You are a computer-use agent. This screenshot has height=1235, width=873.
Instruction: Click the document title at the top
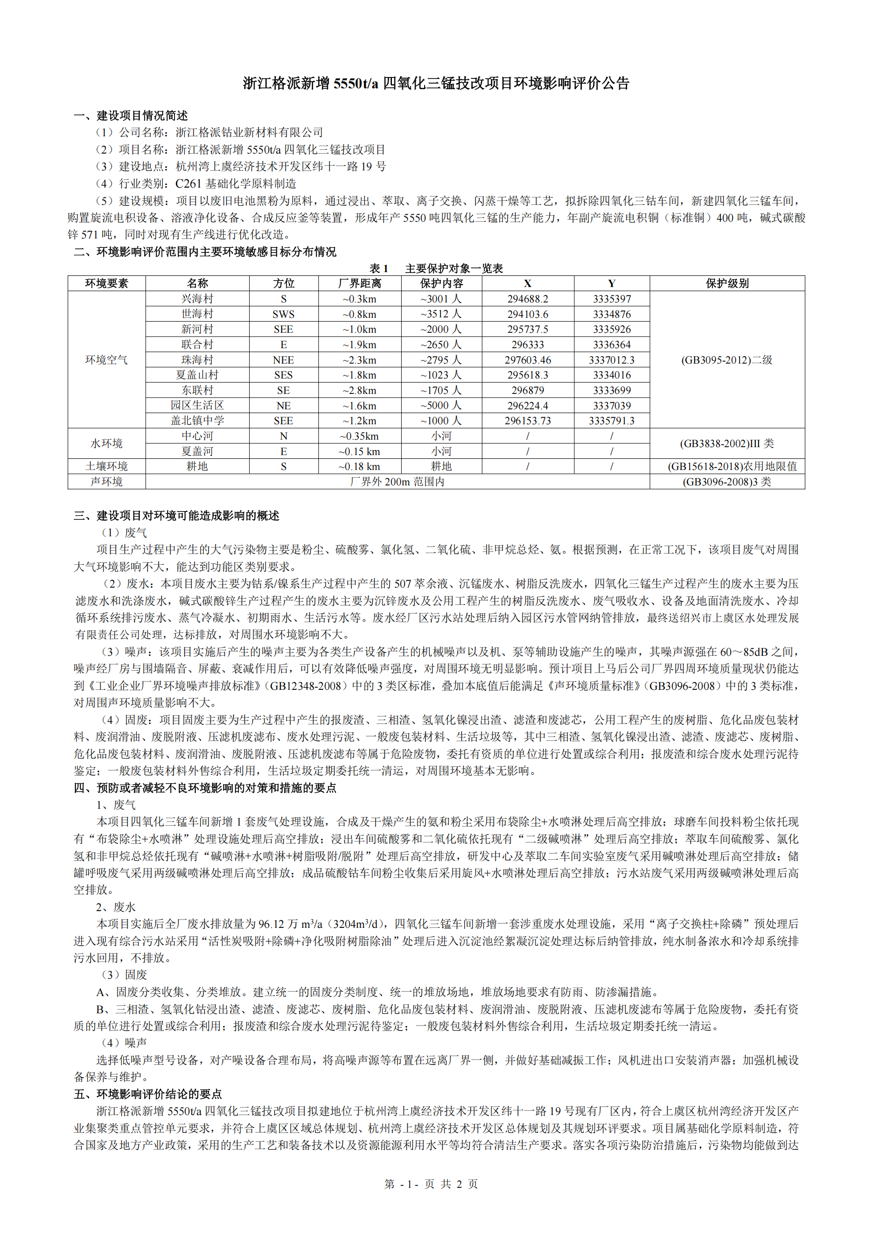pos(436,84)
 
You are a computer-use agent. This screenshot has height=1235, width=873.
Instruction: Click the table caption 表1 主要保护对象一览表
pos(436,268)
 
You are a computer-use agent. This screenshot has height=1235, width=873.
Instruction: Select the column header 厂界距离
pos(360,283)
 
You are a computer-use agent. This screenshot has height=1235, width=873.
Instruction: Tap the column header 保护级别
pos(727,283)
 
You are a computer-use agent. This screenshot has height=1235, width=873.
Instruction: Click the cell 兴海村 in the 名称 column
pos(197,299)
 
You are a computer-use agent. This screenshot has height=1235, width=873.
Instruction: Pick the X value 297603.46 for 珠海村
pos(527,360)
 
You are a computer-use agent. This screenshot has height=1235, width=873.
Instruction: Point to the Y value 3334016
pos(612,375)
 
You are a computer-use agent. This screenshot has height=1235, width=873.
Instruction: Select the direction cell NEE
pos(283,360)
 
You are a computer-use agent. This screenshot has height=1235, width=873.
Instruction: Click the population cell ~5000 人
pos(441,406)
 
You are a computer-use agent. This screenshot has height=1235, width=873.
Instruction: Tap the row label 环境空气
pos(106,360)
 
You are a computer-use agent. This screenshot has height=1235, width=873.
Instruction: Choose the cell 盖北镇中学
pos(197,421)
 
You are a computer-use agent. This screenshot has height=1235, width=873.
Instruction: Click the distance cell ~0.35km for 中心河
pos(360,436)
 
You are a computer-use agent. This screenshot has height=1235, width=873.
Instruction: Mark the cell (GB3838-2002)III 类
pos(727,444)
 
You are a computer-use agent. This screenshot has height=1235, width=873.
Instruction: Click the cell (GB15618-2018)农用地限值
pos(727,466)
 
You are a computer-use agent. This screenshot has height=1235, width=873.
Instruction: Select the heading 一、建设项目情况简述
pos(131,116)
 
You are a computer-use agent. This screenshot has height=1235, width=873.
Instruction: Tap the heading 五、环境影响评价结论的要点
pos(148,1094)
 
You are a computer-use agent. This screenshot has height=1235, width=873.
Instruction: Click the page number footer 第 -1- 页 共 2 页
pos(431,1184)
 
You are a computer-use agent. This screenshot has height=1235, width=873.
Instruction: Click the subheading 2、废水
pos(116,907)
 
